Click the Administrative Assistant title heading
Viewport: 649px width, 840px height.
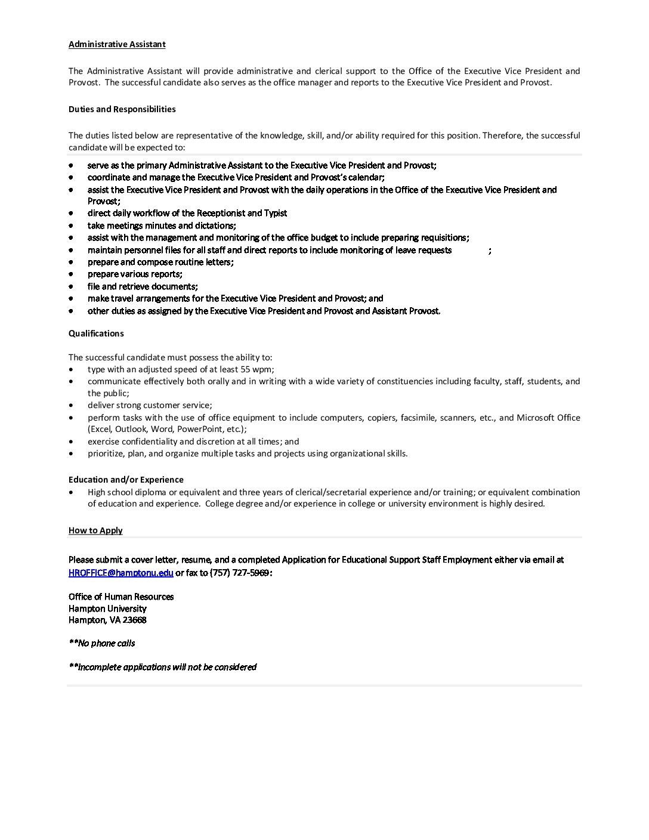coord(117,44)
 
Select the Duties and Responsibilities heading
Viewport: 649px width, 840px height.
coord(122,109)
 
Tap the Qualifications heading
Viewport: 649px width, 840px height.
coord(96,333)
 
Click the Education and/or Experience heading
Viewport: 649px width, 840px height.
coord(126,480)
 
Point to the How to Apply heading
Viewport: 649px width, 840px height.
coord(95,530)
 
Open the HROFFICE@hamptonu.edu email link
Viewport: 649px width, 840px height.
coord(120,573)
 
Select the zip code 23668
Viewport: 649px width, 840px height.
coord(135,620)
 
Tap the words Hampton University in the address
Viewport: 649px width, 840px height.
coord(107,609)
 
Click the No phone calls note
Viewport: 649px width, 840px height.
coord(102,643)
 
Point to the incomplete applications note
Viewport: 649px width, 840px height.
coord(163,667)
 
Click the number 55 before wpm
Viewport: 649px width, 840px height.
coord(246,369)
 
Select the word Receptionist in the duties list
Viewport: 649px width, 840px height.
coord(221,213)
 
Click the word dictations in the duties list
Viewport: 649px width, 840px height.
coord(215,226)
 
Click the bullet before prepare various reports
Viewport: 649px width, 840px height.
coord(72,274)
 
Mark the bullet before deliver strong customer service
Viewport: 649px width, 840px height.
coord(72,405)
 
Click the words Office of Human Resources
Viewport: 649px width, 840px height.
coord(121,597)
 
